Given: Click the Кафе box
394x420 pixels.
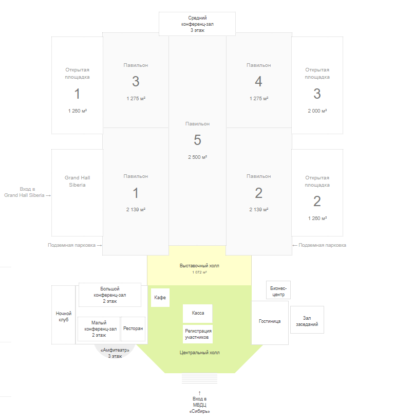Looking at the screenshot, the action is pyautogui.click(x=160, y=298).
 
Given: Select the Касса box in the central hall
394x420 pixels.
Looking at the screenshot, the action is pyautogui.click(x=198, y=313).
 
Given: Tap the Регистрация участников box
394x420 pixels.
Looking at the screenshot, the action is pyautogui.click(x=198, y=334).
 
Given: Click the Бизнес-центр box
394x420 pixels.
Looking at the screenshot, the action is pyautogui.click(x=278, y=290).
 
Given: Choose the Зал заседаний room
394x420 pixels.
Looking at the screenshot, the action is pyautogui.click(x=307, y=320).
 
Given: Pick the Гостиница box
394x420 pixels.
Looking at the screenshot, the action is pyautogui.click(x=270, y=323).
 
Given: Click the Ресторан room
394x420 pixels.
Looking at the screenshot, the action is pyautogui.click(x=133, y=328).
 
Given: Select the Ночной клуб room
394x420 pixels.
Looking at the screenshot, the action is pyautogui.click(x=63, y=315).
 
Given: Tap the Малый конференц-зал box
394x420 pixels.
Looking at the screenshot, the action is pyautogui.click(x=99, y=329).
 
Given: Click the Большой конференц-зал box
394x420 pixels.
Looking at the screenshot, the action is pyautogui.click(x=110, y=295).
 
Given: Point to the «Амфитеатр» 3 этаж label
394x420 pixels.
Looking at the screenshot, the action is pyautogui.click(x=115, y=353).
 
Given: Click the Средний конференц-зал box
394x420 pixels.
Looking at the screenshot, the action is pyautogui.click(x=197, y=24).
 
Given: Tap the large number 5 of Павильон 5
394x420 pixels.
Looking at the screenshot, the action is pyautogui.click(x=198, y=140).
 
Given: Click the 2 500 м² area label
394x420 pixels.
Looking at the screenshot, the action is pyautogui.click(x=198, y=157).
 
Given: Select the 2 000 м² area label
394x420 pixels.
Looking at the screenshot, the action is pyautogui.click(x=317, y=111).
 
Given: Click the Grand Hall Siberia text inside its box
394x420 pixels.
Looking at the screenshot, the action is pyautogui.click(x=78, y=181).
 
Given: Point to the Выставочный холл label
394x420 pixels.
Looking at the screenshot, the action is pyautogui.click(x=199, y=266).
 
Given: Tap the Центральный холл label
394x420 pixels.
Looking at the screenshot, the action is pyautogui.click(x=199, y=353).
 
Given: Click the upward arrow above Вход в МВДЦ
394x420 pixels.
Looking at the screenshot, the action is pyautogui.click(x=200, y=393).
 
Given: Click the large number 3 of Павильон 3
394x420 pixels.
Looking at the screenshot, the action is pyautogui.click(x=136, y=81).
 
